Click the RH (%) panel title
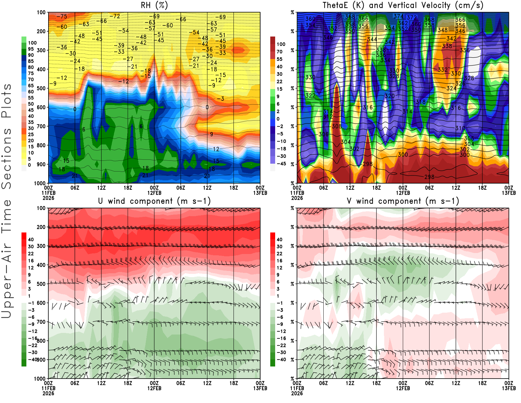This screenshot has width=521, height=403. (154, 5)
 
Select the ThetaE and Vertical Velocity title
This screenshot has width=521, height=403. (403, 5)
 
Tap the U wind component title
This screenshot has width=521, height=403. (154, 201)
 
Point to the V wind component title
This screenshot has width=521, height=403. (403, 201)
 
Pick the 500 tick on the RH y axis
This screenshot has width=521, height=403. (41, 88)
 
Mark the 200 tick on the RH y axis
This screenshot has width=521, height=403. (41, 31)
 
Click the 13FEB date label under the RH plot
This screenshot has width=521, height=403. (260, 193)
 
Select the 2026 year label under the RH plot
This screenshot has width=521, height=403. (48, 198)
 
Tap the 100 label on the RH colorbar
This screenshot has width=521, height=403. (32, 43)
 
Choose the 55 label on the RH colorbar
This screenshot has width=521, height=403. (31, 98)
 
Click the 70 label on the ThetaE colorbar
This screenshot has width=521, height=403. (279, 52)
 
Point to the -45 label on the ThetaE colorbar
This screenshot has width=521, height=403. (281, 164)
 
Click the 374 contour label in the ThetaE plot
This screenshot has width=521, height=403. (398, 16)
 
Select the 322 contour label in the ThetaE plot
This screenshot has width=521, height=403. (310, 96)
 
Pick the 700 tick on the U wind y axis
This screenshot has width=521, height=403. (41, 322)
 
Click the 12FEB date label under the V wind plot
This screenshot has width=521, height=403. (403, 388)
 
